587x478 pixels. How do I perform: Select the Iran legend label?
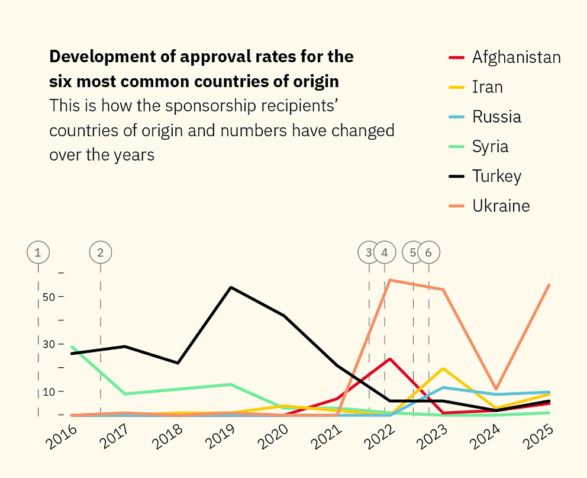click(x=487, y=87)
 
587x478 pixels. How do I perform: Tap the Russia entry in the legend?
click(x=496, y=117)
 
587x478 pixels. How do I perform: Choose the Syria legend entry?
click(x=490, y=146)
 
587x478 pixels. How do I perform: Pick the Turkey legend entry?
click(x=496, y=176)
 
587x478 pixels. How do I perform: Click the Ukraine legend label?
click(x=501, y=206)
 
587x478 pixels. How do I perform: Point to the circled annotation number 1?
click(x=38, y=253)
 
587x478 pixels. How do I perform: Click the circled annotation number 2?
click(x=100, y=253)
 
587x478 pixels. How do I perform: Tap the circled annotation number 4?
click(x=385, y=253)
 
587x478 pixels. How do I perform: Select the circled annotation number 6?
click(x=428, y=253)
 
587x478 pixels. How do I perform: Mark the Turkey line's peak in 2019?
click(x=231, y=287)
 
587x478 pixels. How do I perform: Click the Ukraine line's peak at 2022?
click(x=389, y=280)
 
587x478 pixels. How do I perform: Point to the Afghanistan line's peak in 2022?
click(x=390, y=359)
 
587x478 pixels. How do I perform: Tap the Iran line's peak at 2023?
click(x=443, y=368)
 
